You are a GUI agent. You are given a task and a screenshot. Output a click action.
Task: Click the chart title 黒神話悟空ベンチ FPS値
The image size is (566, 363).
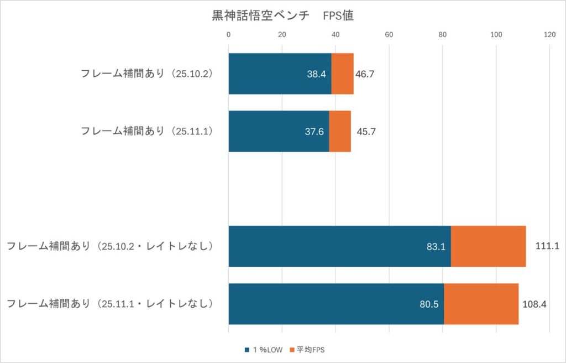(x=282, y=15)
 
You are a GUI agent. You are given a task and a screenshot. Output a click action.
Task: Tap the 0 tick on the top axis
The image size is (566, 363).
(x=228, y=35)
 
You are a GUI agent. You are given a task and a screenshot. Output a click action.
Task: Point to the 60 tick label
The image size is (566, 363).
(x=389, y=35)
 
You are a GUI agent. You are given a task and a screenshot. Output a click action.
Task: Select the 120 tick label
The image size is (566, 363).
(x=549, y=35)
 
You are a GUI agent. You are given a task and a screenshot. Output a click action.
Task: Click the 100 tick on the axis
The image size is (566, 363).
(x=496, y=35)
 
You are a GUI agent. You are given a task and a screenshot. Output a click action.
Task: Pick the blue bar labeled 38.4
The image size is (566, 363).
(x=280, y=74)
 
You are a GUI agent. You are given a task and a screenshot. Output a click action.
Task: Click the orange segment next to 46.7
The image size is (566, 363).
(x=342, y=74)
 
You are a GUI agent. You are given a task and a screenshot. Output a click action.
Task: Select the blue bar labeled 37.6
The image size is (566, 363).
(x=279, y=131)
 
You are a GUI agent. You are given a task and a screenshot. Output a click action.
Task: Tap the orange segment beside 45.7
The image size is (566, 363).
(x=340, y=131)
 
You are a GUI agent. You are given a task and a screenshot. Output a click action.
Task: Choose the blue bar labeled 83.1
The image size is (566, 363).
(x=339, y=246)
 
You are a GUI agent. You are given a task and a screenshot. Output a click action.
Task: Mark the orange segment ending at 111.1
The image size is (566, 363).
(x=488, y=246)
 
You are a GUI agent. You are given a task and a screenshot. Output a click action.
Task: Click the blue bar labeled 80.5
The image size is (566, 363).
(x=336, y=304)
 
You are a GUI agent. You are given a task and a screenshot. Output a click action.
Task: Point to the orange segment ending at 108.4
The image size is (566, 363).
(x=481, y=304)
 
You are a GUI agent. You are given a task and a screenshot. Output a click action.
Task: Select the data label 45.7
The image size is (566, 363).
(x=366, y=131)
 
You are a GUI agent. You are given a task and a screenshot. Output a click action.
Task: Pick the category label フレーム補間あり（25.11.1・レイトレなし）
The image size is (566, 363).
(x=110, y=304)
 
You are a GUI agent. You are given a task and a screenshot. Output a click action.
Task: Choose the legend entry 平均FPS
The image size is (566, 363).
(x=312, y=350)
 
